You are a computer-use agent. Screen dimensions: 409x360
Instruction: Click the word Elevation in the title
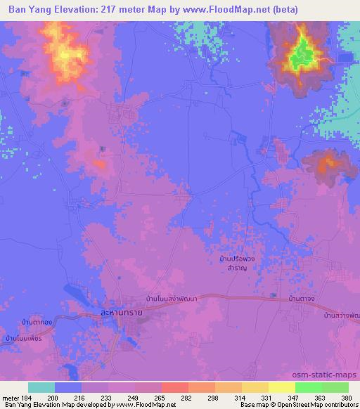coord(82,9)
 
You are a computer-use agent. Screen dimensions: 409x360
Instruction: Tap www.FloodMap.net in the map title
coord(217,9)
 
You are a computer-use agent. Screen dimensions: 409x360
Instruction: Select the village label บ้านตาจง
coord(304,300)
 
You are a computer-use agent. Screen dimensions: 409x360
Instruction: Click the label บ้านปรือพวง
coord(236,259)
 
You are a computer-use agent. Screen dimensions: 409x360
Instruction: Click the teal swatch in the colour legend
coord(41,387)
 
